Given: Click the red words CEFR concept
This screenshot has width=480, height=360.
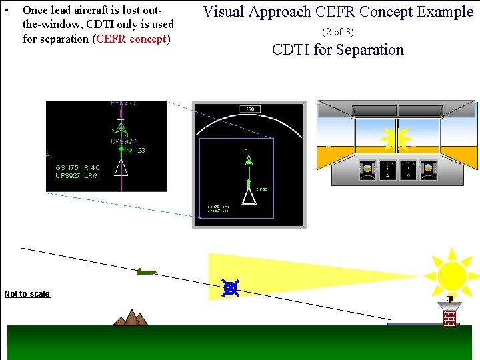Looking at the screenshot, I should click(132, 39).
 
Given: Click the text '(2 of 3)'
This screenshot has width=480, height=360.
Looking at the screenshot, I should click(337, 32).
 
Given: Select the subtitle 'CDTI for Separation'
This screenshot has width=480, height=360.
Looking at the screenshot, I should click(337, 50).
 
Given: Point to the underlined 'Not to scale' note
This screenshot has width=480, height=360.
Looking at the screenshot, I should click(27, 294).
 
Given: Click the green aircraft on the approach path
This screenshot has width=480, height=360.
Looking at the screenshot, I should click(146, 271).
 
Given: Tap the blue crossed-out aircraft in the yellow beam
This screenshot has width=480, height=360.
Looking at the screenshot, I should click(231, 288).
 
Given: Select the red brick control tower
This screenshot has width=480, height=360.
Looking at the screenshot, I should click(450, 313).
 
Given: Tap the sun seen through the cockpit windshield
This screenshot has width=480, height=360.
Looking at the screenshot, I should click(396, 140).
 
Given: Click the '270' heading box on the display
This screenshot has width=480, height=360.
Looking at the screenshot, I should click(250, 109).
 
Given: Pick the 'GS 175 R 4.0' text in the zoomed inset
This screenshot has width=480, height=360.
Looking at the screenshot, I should click(77, 167).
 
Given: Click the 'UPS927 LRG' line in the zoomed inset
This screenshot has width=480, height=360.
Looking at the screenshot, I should click(76, 175).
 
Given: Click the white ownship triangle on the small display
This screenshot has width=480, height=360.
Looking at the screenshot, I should click(249, 197).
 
